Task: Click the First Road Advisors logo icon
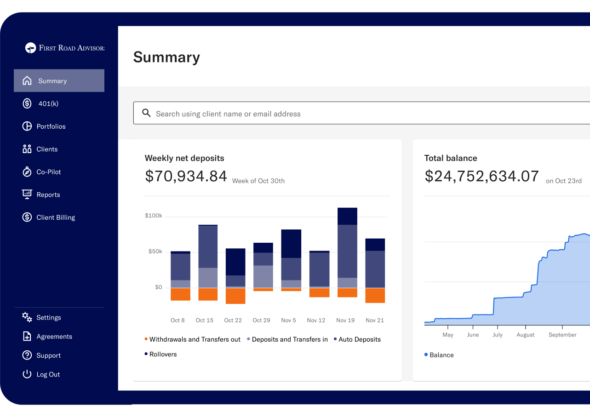30,48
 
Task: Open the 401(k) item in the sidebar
48,103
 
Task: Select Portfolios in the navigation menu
51,126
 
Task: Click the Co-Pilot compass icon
27,172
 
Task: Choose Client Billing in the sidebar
55,217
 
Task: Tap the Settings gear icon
27,317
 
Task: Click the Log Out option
48,374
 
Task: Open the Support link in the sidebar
48,355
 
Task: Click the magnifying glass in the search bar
146,113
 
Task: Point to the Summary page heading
166,57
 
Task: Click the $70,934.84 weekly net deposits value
186,176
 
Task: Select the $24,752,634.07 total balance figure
481,176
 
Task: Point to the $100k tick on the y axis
153,216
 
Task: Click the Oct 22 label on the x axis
233,320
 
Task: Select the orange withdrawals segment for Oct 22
235,296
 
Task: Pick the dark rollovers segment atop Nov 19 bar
347,216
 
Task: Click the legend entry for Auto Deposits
359,339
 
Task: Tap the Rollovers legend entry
163,354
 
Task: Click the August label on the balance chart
525,335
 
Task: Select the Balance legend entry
441,355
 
